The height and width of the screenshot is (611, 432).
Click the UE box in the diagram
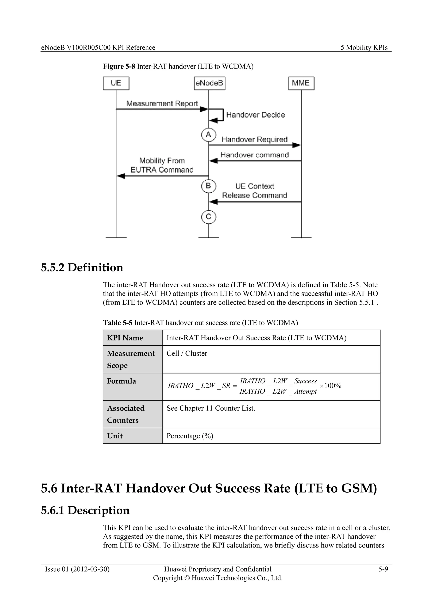point(116,83)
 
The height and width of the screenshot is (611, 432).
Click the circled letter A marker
point(209,135)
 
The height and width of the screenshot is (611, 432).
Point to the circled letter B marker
point(209,186)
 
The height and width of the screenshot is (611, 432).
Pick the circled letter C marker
point(209,217)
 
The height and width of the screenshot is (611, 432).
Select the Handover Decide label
point(255,115)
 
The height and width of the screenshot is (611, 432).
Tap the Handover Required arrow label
point(254,139)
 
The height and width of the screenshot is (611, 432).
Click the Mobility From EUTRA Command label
point(162,165)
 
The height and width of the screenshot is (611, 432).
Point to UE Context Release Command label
point(254,191)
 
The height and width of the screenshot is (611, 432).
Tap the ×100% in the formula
point(330,386)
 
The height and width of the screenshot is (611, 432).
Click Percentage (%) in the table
point(190,436)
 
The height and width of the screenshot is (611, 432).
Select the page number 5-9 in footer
point(383,569)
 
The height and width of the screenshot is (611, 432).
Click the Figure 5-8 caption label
point(119,66)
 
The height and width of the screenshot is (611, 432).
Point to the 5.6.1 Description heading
point(85,510)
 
